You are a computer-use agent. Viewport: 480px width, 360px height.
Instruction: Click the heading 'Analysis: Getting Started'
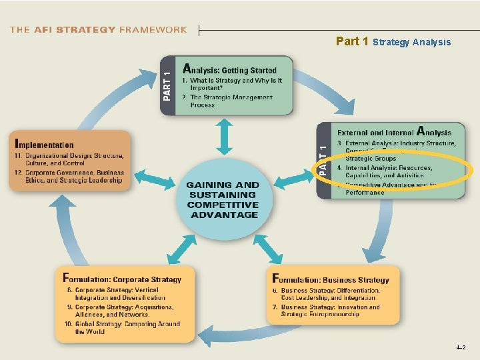click(x=229, y=69)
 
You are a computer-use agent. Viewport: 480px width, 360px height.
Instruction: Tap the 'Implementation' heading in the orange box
click(x=45, y=145)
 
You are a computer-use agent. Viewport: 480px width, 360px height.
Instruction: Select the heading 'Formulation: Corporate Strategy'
click(x=122, y=279)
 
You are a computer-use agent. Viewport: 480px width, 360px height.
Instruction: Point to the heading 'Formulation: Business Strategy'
click(x=331, y=279)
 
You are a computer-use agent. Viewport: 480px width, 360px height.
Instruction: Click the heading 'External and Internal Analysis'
click(x=394, y=133)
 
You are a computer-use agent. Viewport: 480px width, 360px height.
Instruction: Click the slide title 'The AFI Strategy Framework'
click(x=99, y=29)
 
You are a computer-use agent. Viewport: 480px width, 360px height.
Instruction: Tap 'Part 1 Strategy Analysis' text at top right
click(x=393, y=42)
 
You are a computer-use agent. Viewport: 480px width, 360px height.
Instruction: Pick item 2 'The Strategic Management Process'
click(x=230, y=101)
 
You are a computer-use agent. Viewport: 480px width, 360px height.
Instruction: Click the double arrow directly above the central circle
click(x=224, y=138)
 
